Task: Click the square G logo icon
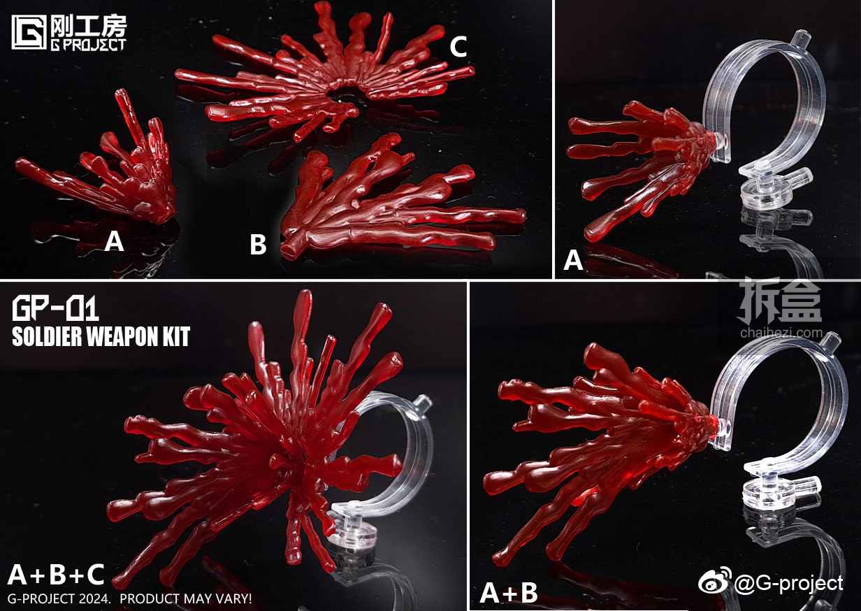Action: click(x=29, y=32)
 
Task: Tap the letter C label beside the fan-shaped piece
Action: click(x=458, y=47)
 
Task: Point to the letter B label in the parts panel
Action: click(x=258, y=245)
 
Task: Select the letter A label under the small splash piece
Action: click(x=114, y=241)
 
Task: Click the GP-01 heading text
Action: click(x=55, y=309)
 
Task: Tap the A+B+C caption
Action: click(x=56, y=575)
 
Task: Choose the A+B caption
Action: click(x=509, y=593)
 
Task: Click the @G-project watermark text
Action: click(x=788, y=584)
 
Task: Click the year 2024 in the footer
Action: click(x=94, y=598)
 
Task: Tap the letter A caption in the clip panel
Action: click(x=573, y=260)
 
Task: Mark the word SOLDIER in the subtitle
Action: click(x=47, y=337)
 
